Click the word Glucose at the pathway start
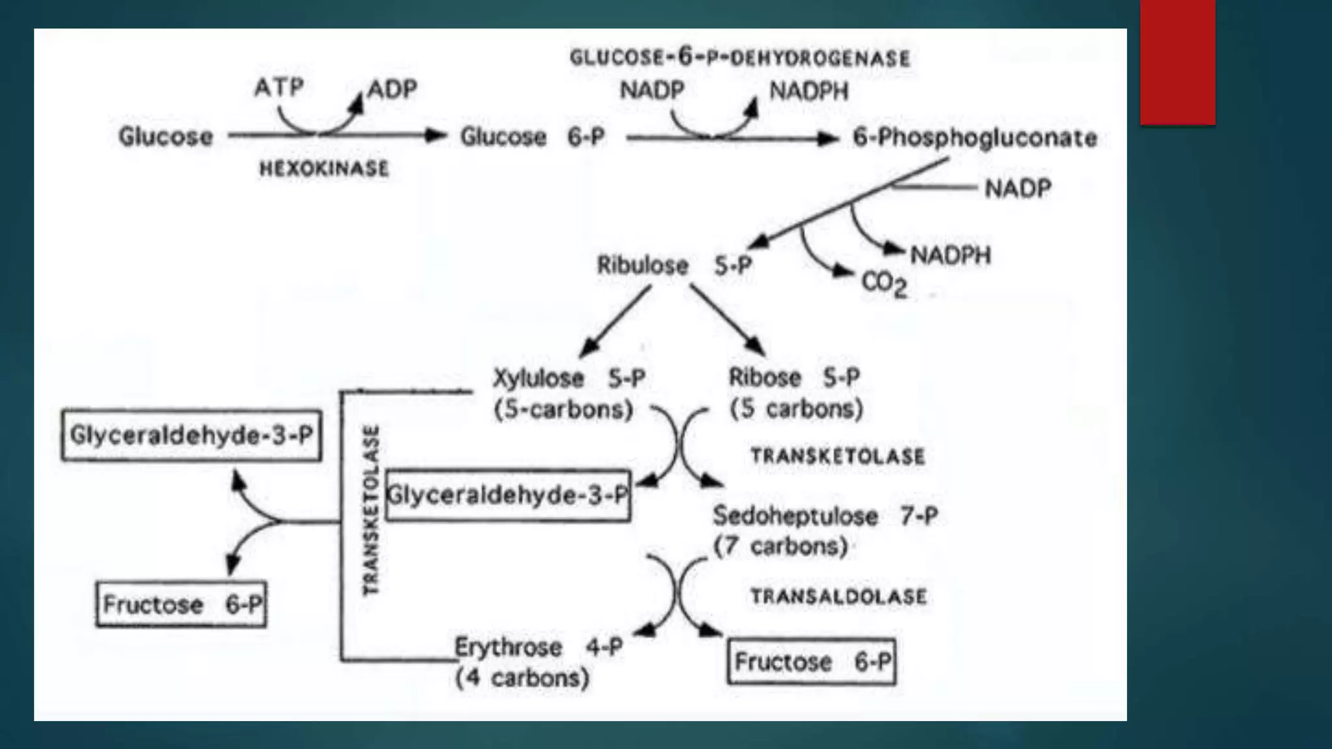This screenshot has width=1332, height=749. [165, 137]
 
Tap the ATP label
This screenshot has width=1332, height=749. [279, 86]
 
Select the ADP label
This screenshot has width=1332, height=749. [392, 88]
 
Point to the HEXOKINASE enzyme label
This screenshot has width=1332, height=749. [324, 169]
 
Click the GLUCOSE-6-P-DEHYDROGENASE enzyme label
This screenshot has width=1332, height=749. [739, 58]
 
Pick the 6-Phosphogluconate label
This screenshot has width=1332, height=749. [974, 138]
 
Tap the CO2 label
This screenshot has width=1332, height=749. [884, 283]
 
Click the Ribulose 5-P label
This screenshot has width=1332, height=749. [674, 265]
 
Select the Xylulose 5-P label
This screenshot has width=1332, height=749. [568, 378]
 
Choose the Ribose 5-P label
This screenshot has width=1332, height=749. [794, 377]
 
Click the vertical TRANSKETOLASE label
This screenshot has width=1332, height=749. [370, 510]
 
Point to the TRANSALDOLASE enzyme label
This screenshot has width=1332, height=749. [838, 596]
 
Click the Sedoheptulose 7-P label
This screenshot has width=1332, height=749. [825, 516]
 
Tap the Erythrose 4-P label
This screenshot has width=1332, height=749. [538, 647]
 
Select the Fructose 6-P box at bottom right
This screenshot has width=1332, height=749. [812, 662]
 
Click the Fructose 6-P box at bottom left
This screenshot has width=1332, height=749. [181, 604]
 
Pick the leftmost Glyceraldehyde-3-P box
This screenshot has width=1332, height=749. [191, 435]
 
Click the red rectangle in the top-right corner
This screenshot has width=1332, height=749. [1177, 62]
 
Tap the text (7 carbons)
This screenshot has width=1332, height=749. [780, 546]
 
